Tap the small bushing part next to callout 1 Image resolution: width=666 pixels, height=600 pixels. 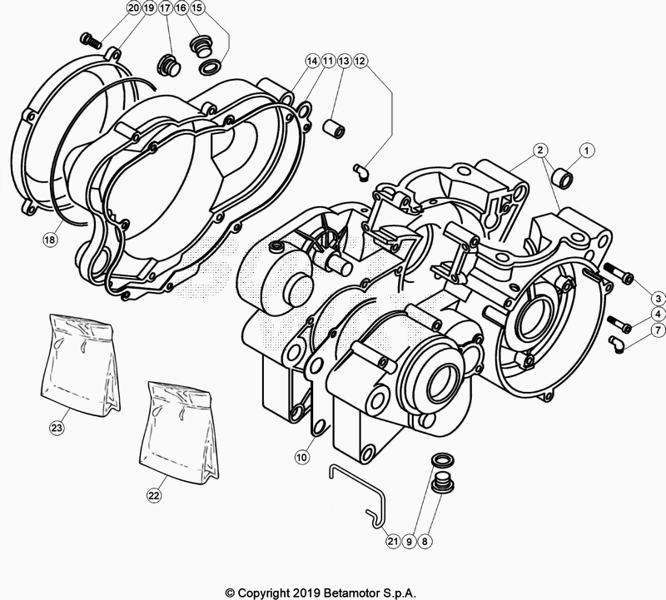pyautogui.click(x=564, y=175)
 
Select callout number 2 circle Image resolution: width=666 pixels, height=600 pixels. pyautogui.click(x=540, y=151)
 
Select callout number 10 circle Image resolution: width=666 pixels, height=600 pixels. pyautogui.click(x=302, y=457)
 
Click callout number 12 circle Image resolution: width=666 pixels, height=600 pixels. pyautogui.click(x=360, y=61)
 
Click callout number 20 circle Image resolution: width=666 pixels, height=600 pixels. pyautogui.click(x=133, y=7)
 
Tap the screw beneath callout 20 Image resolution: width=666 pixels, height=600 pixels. pyautogui.click(x=89, y=39)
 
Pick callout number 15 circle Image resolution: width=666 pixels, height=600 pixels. pyautogui.click(x=196, y=7)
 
